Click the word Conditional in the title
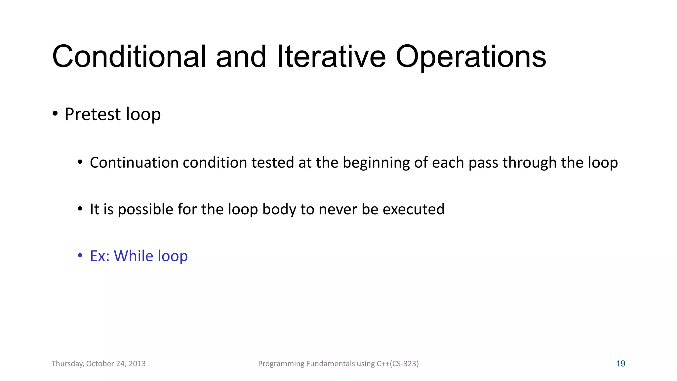coord(129,57)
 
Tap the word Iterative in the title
coord(331,57)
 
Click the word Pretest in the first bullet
coord(93,114)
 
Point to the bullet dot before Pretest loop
coord(55,114)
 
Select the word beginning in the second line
coord(376,163)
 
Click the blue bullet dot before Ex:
coord(80,256)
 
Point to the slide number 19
coord(620,364)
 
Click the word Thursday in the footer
coord(67,364)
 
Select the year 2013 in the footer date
coord(137,364)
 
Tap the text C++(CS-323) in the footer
coord(398,364)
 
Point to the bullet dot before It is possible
coord(80,209)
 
